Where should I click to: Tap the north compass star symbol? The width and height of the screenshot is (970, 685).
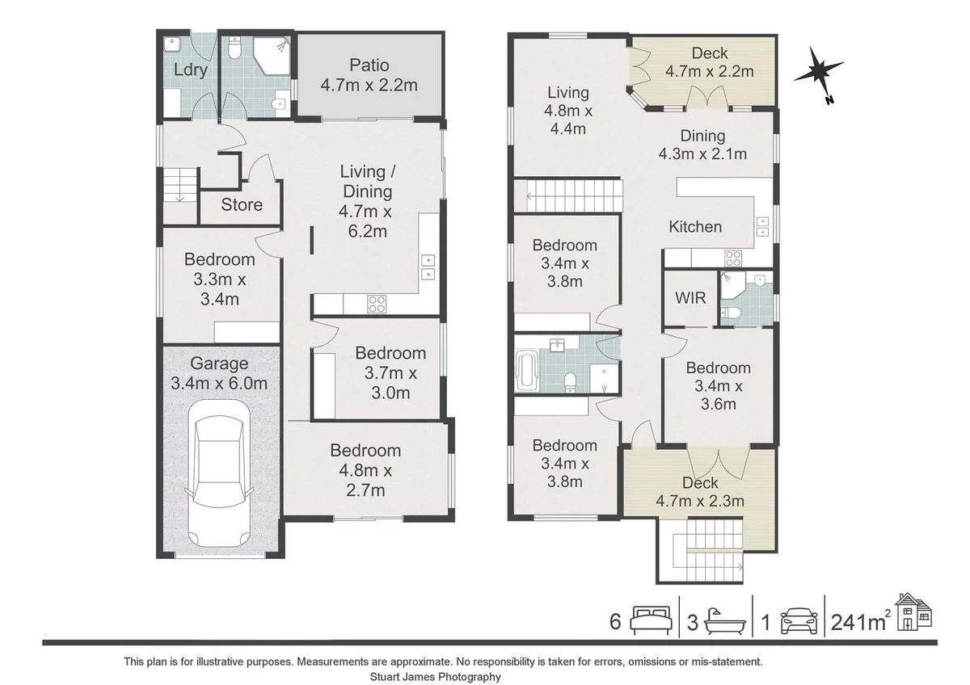pos(820,74)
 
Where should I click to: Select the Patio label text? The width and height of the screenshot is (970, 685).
pos(369,65)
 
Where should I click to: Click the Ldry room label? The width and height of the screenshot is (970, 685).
pos(191,70)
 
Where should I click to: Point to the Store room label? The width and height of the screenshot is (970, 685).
pos(242,205)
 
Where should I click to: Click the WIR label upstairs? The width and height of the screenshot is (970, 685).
pos(690,298)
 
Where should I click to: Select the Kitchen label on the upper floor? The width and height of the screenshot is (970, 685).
pos(695,227)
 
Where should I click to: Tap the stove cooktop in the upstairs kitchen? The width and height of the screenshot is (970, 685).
pos(733,258)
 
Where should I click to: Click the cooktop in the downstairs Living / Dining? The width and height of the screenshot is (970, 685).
pos(377,305)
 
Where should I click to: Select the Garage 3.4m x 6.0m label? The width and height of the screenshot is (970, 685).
pos(219,374)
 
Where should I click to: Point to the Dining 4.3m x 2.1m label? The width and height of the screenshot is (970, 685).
pos(702,145)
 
